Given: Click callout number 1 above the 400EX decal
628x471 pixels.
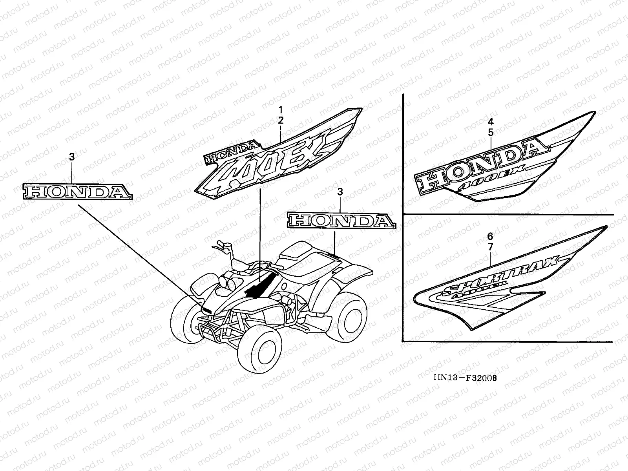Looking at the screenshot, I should tap(281, 110).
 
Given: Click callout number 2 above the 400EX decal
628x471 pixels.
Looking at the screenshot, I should tap(281, 121).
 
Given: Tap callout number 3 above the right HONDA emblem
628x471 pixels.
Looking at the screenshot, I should tap(340, 192).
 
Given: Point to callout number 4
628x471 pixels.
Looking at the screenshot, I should tap(491, 121).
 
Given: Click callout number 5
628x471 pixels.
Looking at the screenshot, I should tap(491, 133).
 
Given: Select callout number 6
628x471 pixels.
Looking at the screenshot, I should tap(490, 236).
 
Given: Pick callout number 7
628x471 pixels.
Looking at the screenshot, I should tap(490, 248).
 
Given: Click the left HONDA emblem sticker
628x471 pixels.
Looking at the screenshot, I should tap(77, 191).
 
